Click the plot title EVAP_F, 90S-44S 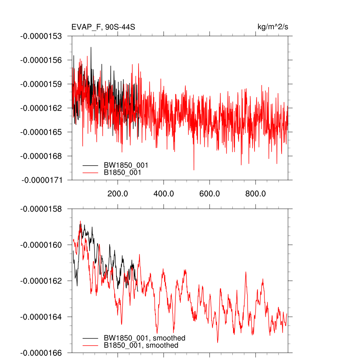103,27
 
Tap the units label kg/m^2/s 273,27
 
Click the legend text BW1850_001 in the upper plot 126,165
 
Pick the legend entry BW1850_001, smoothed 144,338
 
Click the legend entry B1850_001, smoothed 141,345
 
